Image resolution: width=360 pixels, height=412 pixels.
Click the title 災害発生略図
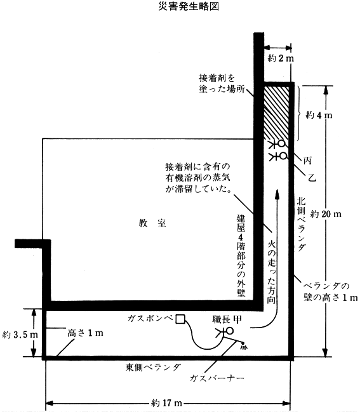click(189, 6)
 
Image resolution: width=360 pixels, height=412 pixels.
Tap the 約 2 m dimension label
click(281, 58)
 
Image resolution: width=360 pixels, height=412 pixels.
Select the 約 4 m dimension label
click(319, 115)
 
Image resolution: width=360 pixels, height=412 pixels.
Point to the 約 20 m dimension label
click(326, 214)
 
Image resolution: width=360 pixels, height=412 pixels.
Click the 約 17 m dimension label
click(167, 403)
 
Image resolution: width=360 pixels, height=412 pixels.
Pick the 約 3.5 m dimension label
click(20, 335)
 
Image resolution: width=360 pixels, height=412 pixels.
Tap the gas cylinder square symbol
click(180, 319)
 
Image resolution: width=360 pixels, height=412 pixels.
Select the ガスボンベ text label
click(150, 319)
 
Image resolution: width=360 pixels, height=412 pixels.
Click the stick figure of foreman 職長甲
click(225, 333)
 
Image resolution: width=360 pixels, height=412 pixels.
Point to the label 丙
click(307, 160)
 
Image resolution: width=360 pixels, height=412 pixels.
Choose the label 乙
click(312, 178)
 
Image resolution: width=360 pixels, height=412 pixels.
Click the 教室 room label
click(152, 223)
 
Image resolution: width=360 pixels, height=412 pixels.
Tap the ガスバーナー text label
click(217, 378)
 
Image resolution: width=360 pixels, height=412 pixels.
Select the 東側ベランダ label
click(153, 367)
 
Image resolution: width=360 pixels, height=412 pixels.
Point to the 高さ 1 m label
click(85, 333)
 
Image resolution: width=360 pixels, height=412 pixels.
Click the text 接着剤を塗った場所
click(222, 84)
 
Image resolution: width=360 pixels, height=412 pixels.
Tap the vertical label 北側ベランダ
click(301, 224)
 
